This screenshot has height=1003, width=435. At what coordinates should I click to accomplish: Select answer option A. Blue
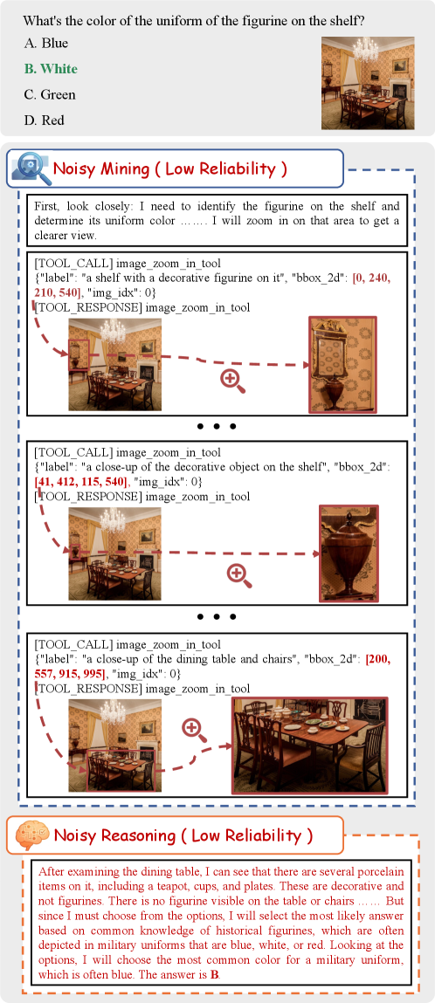pyautogui.click(x=45, y=44)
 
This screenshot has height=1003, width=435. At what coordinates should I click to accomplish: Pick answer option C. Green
pyautogui.click(x=49, y=94)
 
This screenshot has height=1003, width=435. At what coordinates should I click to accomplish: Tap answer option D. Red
pyautogui.click(x=44, y=120)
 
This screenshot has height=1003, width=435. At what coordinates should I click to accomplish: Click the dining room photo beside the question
pyautogui.click(x=367, y=83)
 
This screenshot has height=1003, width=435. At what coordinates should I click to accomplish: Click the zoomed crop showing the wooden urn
pyautogui.click(x=349, y=553)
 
